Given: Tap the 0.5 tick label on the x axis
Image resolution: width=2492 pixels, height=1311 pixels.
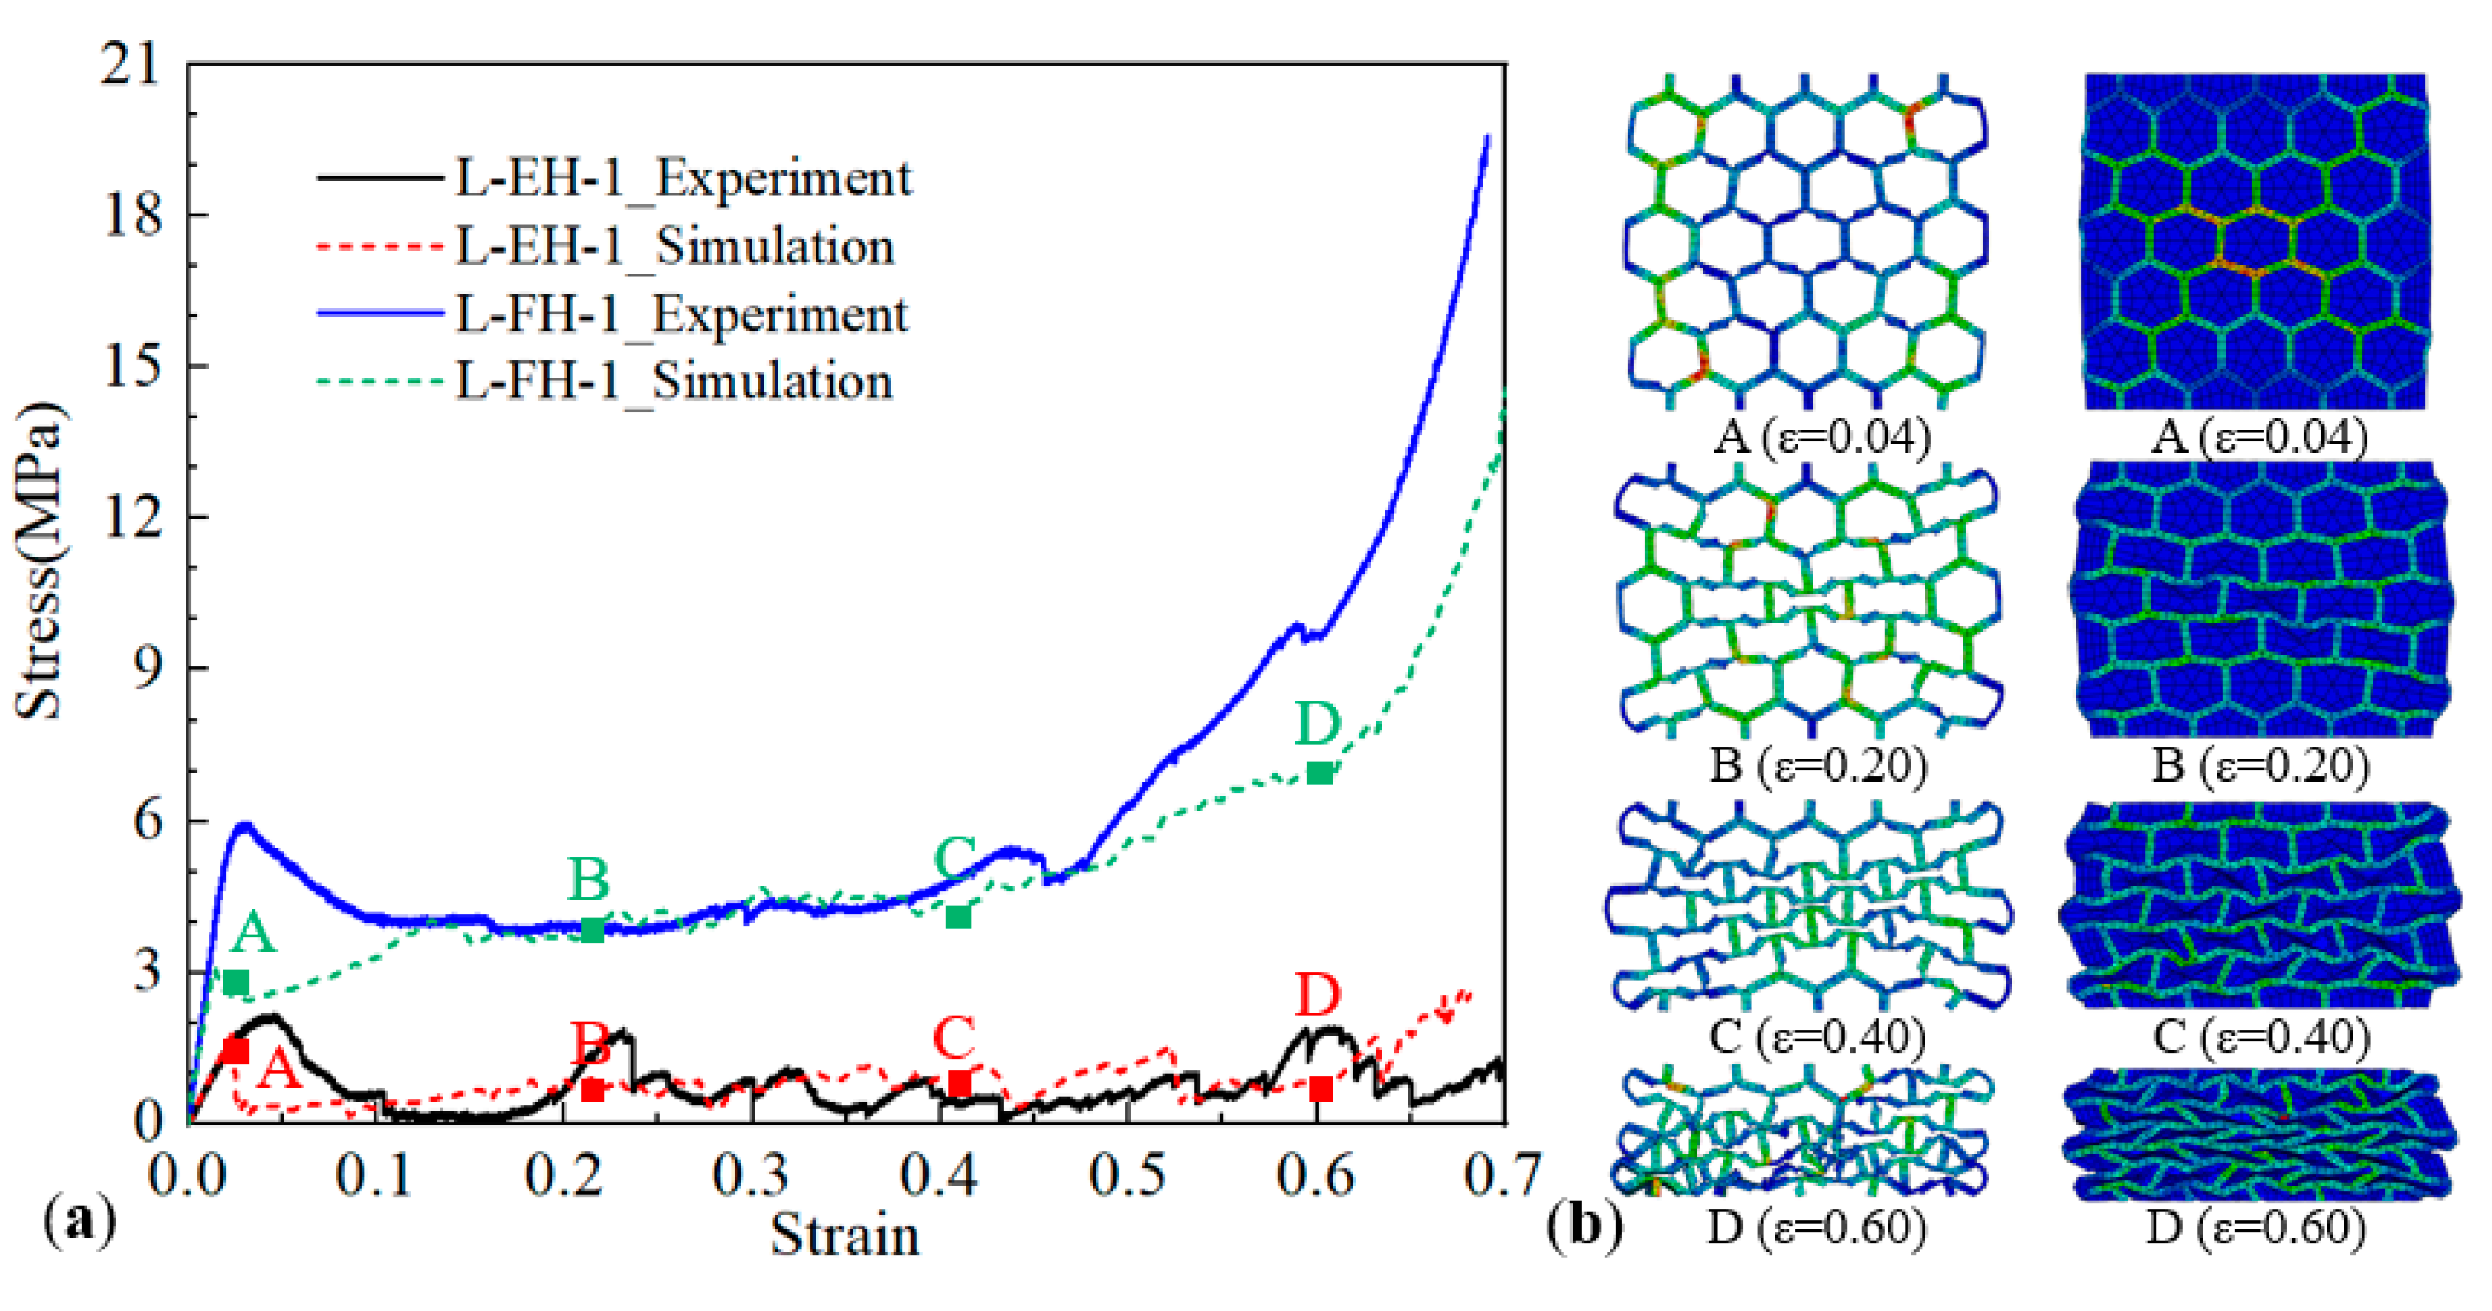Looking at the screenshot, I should pos(1127,1176).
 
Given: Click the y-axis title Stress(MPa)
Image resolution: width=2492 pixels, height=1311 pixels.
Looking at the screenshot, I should pos(39,562).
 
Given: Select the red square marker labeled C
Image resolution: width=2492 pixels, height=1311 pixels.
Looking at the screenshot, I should pos(959,1083).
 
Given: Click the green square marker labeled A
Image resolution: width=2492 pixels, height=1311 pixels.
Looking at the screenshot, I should pos(235,983).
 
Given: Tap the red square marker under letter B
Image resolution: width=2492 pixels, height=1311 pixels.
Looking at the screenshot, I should pos(593,1090).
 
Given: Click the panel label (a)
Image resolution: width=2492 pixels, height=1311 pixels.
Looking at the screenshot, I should pos(80,1221).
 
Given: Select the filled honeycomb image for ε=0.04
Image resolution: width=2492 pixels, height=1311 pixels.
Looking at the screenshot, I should pos(2254,240).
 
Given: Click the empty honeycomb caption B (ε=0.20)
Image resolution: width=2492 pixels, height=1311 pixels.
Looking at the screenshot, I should pos(1817,765).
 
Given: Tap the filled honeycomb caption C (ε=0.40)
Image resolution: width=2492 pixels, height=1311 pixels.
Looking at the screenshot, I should pos(2262,1037).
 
